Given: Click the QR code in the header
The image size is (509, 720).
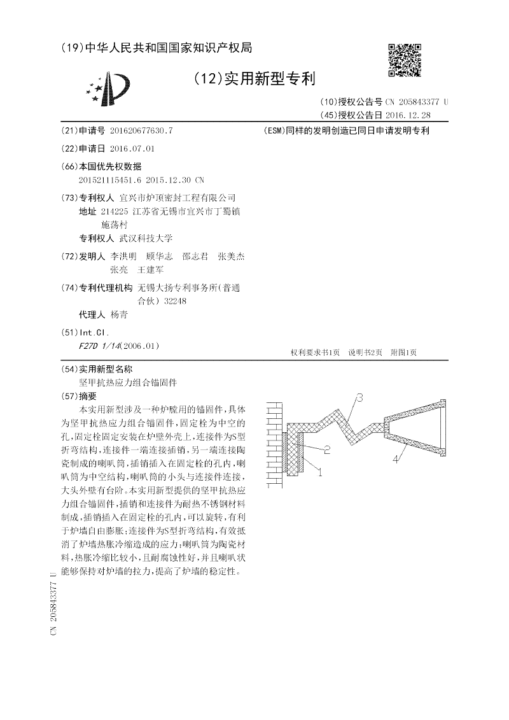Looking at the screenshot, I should point(405,60).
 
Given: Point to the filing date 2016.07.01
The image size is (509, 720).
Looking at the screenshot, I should point(132,148).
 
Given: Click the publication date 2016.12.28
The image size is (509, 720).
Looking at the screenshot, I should point(408,115).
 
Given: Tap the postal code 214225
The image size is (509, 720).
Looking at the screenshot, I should point(115,211).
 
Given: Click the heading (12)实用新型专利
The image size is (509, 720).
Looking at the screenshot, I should point(254,79).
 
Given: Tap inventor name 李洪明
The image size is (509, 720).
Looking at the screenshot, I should point(123,256).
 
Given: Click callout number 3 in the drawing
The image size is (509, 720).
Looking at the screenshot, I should point(359,399).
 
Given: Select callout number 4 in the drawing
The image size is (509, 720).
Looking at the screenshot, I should point(395,457).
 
